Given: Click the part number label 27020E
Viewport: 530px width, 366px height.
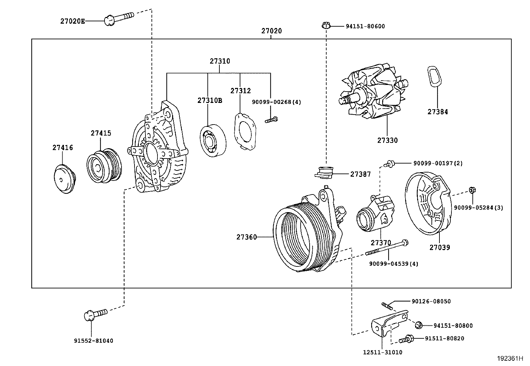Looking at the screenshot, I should pyautogui.click(x=72, y=21).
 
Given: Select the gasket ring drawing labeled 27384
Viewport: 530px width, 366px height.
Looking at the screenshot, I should pyautogui.click(x=434, y=77).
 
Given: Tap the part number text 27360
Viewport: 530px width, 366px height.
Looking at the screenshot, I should pyautogui.click(x=246, y=237).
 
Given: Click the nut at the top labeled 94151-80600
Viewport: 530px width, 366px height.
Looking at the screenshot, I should pyautogui.click(x=326, y=26).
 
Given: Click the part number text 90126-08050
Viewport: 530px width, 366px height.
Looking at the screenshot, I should pyautogui.click(x=431, y=301).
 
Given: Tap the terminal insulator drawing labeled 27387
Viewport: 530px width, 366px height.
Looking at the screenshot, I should pyautogui.click(x=324, y=172).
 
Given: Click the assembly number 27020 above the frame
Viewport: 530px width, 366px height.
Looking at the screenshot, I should pyautogui.click(x=271, y=31).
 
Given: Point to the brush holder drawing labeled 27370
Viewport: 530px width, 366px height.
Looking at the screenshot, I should pyautogui.click(x=374, y=215).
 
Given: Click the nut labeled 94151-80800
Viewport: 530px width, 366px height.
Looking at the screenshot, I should pyautogui.click(x=419, y=325).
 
